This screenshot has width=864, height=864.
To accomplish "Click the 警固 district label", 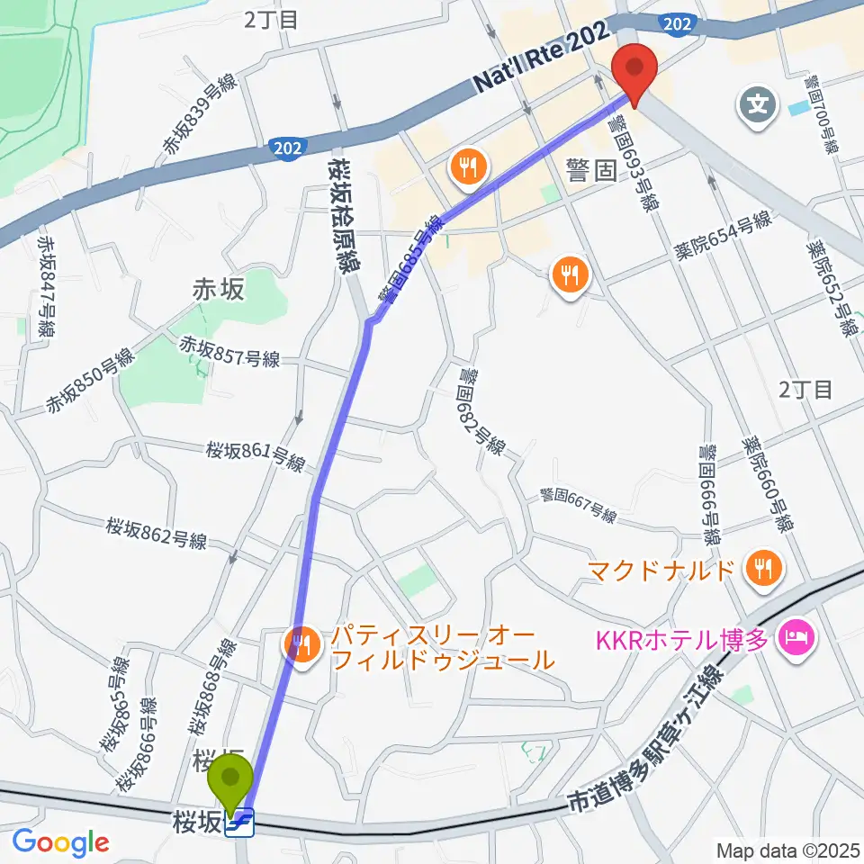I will click(x=591, y=172).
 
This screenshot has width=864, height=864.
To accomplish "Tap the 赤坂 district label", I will click(x=219, y=289).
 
